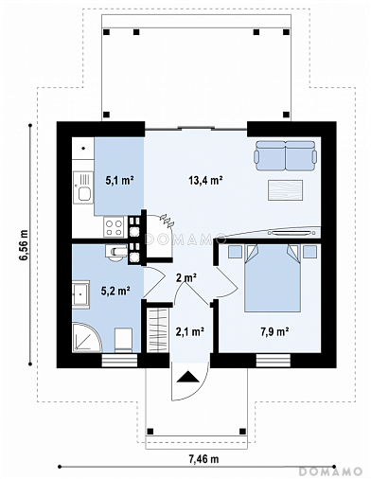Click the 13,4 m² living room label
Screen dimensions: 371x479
point(205,181)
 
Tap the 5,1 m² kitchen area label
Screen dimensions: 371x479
point(119,181)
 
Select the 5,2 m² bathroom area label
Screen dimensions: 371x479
point(115,291)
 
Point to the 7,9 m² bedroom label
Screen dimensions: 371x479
point(274,332)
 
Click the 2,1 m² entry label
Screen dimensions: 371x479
point(190,331)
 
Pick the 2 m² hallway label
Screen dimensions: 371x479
point(186,278)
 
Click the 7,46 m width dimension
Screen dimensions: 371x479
point(203,458)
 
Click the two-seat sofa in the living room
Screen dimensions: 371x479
point(286,155)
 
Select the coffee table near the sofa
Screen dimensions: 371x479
point(286,190)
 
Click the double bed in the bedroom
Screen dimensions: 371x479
point(273,278)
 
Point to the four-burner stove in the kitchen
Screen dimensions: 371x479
point(114,228)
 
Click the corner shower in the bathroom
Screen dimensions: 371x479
point(87,337)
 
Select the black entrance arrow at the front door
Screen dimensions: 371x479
point(188,377)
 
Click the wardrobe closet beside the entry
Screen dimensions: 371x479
point(158,329)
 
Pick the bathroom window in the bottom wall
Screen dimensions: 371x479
point(119,361)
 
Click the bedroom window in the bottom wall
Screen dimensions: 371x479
point(274,361)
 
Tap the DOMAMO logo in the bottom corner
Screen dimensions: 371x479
point(330,471)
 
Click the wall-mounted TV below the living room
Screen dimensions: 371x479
point(290,233)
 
